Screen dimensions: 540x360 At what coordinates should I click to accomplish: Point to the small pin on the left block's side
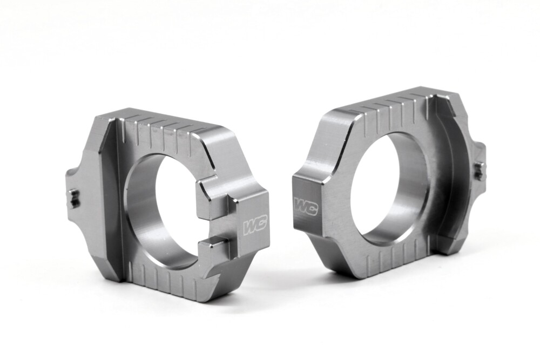click(75, 199)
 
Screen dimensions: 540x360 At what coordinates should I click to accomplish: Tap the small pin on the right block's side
click(478, 171)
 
